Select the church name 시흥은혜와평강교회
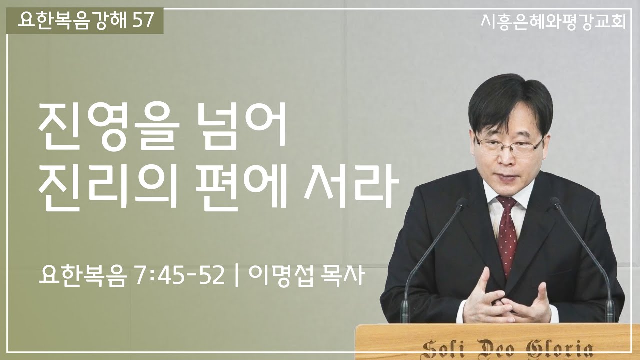click(x=552, y=21)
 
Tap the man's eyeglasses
click(x=509, y=144)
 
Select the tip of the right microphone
click(x=555, y=202)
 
